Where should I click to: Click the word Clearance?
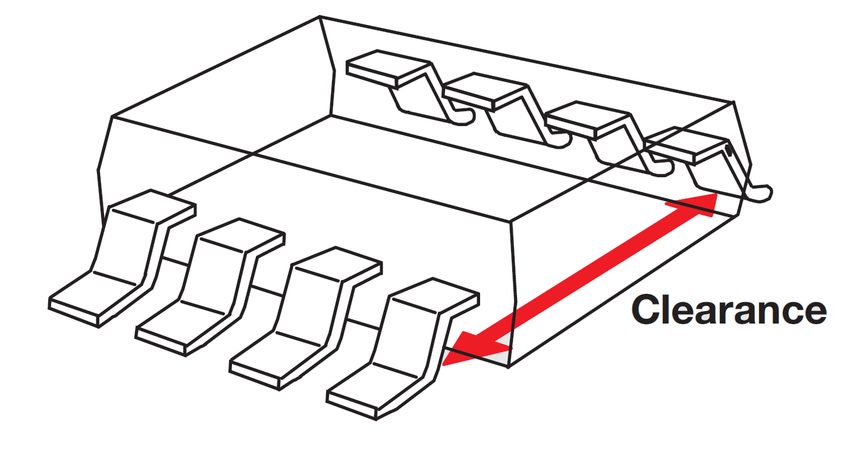(x=729, y=310)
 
